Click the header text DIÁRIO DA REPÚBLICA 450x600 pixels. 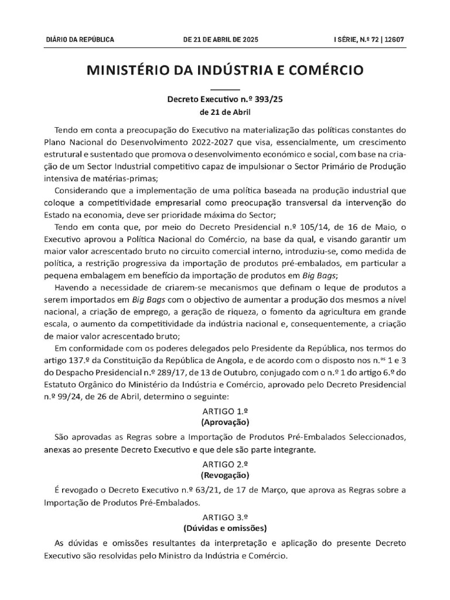click(80, 40)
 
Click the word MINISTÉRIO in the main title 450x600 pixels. click(138, 71)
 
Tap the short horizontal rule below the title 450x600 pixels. click(225, 88)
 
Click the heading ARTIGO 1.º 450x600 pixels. click(225, 411)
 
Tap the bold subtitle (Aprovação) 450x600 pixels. click(225, 422)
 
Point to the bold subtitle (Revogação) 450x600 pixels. click(225, 475)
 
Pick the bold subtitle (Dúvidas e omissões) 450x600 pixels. click(225, 527)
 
